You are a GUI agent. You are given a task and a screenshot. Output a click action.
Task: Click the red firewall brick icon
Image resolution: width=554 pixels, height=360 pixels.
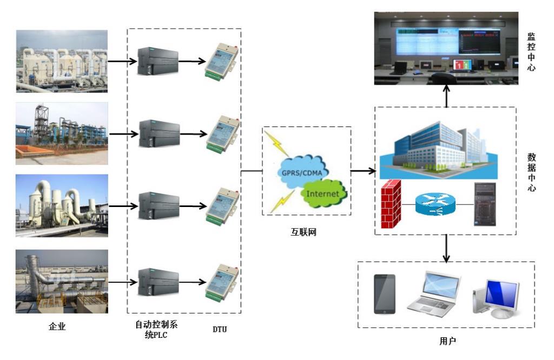(391, 205)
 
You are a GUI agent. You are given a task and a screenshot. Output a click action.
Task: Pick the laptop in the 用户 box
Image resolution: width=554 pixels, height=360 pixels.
(434, 292)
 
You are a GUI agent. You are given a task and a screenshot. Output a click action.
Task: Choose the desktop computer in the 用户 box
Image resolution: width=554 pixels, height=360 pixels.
(496, 297)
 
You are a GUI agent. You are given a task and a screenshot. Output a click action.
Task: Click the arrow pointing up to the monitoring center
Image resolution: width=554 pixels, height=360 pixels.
(446, 94)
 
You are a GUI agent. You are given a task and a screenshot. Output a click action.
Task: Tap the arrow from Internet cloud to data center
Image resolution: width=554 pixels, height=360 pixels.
(363, 171)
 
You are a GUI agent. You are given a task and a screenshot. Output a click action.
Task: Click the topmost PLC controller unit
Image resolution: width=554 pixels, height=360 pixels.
(158, 61)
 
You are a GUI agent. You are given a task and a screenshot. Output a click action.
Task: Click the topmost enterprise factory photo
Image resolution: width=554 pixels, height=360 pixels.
(62, 61)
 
